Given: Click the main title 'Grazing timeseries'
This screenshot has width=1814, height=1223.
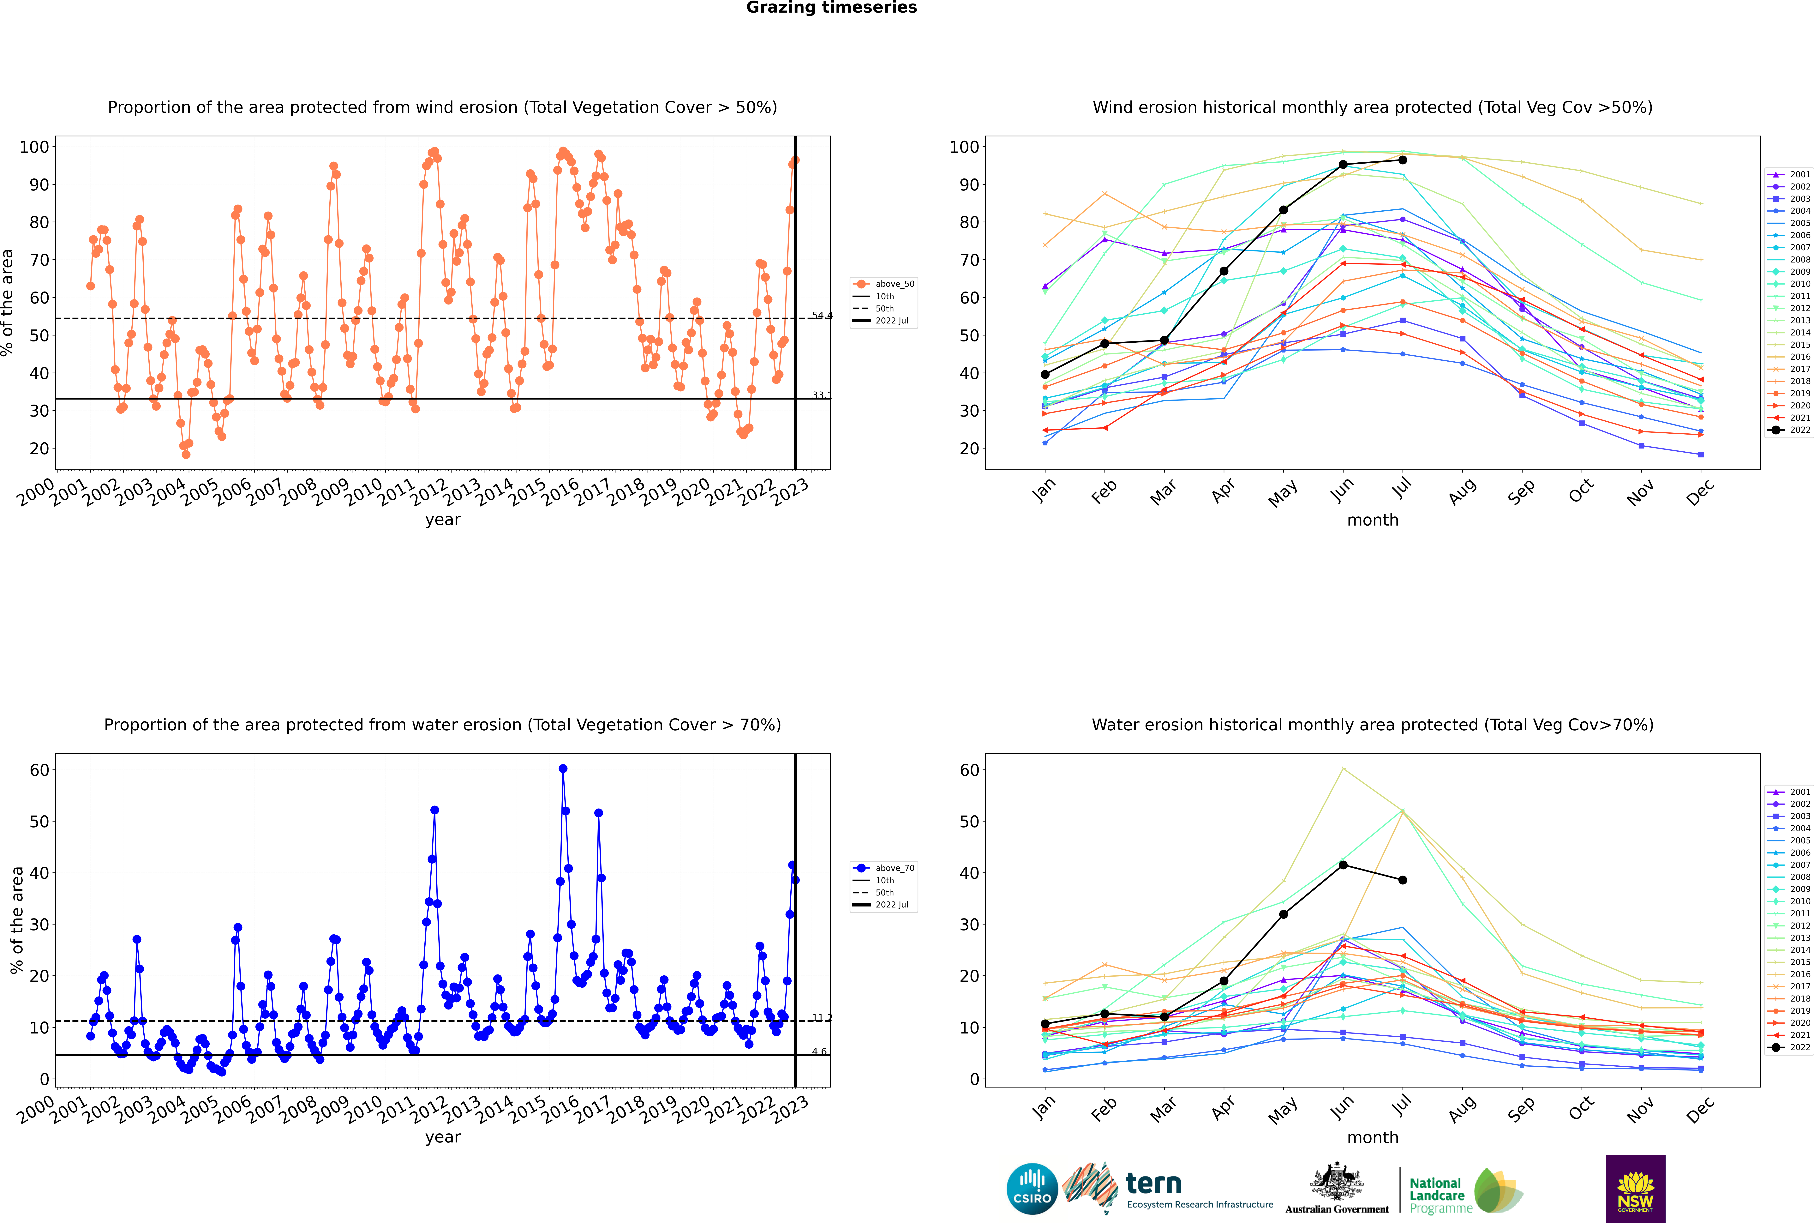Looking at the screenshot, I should pyautogui.click(x=831, y=8).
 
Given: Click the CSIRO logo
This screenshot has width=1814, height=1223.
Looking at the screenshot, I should pyautogui.click(x=1032, y=1189).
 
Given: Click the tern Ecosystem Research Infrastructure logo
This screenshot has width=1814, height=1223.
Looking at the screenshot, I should pyautogui.click(x=1167, y=1189).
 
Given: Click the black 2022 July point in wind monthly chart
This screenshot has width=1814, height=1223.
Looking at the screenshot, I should pyautogui.click(x=1402, y=160).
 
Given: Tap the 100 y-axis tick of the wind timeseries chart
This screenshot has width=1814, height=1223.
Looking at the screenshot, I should pyautogui.click(x=34, y=147).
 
